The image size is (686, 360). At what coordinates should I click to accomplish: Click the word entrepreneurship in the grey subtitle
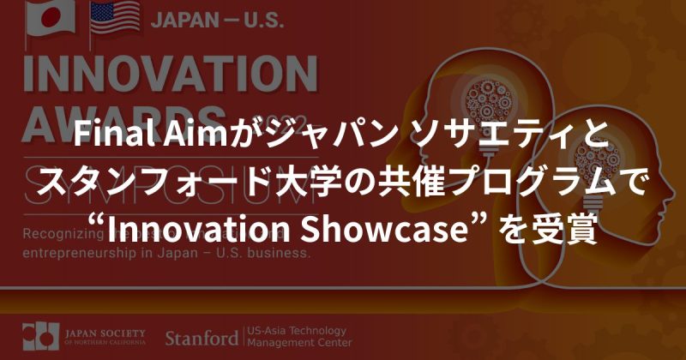(x=85, y=255)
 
